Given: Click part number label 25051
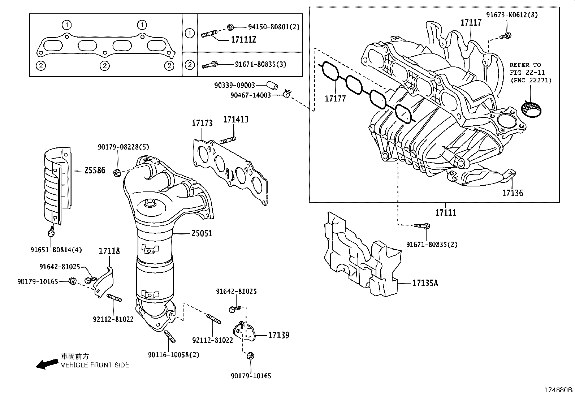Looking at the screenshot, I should coord(202,234).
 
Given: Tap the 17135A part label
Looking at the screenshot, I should coord(425,283).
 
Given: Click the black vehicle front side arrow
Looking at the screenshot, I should coord(47,364).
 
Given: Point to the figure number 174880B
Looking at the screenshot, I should coord(558,390).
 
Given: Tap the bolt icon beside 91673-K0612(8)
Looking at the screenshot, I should coord(506,35).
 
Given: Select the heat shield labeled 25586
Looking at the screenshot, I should coord(57,188).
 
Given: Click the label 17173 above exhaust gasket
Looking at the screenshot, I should coord(202,123).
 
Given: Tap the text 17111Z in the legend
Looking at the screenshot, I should coord(243,40).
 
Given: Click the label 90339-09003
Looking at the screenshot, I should coord(234,85).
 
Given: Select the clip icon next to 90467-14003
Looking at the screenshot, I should coord(287,94).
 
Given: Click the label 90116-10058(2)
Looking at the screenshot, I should coord(173,355).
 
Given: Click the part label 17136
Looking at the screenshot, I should coord(512,193).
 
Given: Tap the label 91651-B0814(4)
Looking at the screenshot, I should coord(56,250).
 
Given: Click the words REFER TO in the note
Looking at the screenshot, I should coord(525,65).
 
